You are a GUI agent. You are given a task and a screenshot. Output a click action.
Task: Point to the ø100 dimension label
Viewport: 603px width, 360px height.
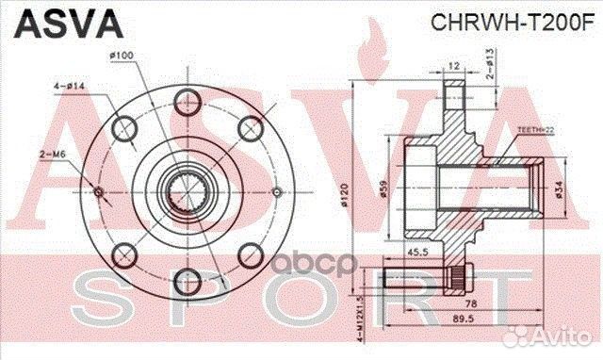122,55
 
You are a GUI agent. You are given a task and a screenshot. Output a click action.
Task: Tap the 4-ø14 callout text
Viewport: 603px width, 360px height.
67,87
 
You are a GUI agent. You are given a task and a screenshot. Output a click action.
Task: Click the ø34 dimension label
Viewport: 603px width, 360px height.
559,192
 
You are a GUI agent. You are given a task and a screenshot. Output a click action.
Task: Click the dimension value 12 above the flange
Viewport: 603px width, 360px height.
454,67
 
